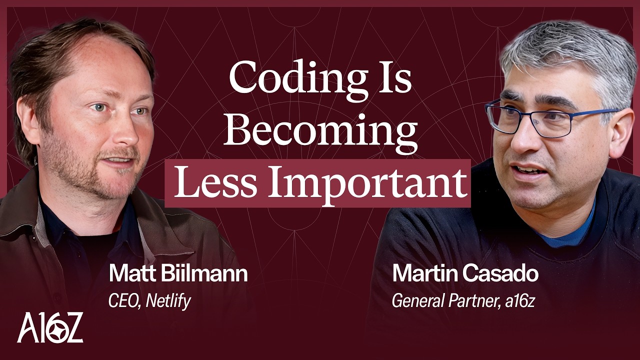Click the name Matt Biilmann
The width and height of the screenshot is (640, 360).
pos(178,274)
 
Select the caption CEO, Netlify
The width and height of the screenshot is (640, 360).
pos(149,301)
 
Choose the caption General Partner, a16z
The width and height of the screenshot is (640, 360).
pos(463,301)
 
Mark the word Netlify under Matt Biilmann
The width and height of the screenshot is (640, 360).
pos(168,301)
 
